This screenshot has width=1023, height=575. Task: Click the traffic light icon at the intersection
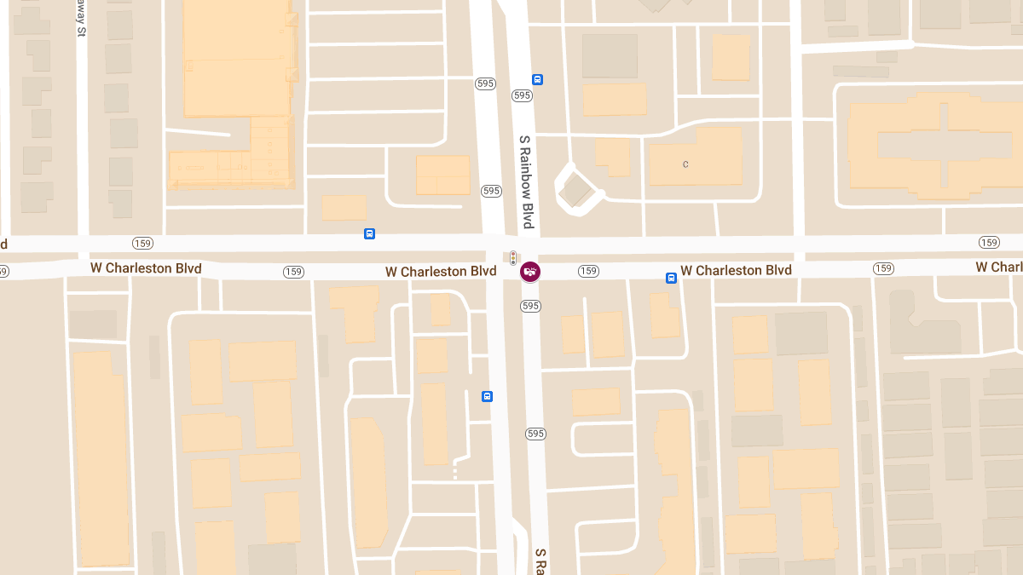513,257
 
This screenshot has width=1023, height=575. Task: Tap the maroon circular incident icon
529,272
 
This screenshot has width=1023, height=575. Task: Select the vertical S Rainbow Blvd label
527,181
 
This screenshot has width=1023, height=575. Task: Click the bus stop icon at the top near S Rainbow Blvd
537,80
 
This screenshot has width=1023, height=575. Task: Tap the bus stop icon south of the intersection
487,396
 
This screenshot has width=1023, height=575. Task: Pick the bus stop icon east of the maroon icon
671,278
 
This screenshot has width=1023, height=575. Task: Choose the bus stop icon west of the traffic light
369,234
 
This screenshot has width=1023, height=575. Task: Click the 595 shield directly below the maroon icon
530,305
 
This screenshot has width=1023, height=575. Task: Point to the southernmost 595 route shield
535,434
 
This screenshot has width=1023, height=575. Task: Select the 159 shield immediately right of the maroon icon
588,271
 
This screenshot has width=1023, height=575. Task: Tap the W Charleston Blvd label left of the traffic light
440,272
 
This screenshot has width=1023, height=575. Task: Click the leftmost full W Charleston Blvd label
146,268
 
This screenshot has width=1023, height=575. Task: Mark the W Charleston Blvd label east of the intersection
736,270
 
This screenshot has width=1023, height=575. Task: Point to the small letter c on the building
685,164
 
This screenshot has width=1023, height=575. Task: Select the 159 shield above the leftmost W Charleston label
142,244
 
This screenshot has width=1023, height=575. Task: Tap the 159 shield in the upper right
989,243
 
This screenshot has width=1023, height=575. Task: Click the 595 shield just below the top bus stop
523,95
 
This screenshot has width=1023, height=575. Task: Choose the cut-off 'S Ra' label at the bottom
540,562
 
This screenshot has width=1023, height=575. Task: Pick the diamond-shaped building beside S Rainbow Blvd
578,190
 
